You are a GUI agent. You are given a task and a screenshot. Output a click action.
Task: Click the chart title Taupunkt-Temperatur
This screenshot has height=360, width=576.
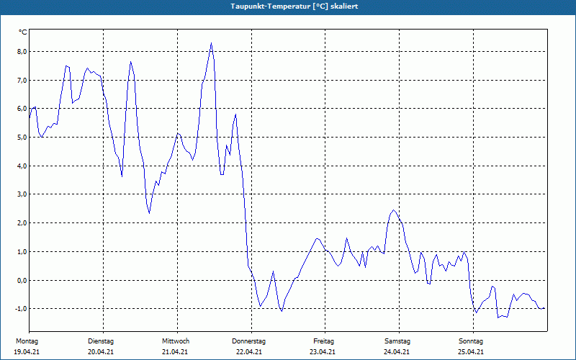click(x=271, y=6)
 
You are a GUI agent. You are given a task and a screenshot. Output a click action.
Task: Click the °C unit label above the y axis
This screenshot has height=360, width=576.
click(x=22, y=32)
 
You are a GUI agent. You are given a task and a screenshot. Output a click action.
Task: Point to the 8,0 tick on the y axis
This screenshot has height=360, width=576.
click(x=22, y=52)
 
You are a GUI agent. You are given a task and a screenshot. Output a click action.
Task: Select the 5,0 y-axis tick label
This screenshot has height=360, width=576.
click(x=22, y=138)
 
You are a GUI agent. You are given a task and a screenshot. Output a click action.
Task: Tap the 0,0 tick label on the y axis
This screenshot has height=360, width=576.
click(x=22, y=280)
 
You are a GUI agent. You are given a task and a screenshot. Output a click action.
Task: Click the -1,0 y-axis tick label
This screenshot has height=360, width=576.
click(x=21, y=309)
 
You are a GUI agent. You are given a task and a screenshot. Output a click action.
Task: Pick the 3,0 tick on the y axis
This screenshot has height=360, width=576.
click(x=22, y=194)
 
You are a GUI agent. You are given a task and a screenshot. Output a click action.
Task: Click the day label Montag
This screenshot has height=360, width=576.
click(x=27, y=341)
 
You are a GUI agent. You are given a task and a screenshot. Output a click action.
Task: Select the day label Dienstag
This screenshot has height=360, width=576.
click(x=101, y=341)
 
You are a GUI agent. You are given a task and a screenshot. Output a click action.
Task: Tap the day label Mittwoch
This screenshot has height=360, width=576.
click(x=176, y=341)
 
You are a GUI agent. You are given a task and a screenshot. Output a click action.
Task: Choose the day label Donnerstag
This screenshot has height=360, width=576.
click(x=249, y=341)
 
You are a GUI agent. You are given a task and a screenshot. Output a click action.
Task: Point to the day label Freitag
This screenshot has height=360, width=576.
click(x=324, y=341)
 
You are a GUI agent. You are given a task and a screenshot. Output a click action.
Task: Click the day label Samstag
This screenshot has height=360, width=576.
click(x=397, y=341)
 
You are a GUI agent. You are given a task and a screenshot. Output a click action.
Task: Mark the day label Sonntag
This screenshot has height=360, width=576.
click(x=471, y=341)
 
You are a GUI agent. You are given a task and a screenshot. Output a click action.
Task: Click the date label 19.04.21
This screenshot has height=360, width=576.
click(x=27, y=352)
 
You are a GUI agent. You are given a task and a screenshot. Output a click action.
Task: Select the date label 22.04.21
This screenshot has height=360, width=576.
click(x=249, y=352)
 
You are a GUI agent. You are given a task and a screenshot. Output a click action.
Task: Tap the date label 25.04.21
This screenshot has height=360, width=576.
click(x=471, y=352)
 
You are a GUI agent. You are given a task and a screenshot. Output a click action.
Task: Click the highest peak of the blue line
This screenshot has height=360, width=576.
click(x=211, y=43)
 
